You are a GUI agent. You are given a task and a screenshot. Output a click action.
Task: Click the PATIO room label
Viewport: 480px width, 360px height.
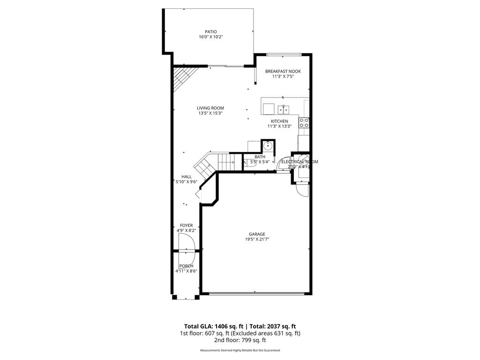210,32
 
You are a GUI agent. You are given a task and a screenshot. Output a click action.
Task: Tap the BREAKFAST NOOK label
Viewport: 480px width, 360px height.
283,71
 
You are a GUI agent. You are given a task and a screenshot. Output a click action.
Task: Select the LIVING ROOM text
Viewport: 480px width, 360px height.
210,108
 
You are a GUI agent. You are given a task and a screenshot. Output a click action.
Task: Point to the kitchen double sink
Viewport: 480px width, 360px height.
283,110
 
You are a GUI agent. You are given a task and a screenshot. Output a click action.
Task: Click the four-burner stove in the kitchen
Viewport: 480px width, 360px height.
304,123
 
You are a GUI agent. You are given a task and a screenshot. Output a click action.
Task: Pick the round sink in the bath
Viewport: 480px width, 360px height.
268,146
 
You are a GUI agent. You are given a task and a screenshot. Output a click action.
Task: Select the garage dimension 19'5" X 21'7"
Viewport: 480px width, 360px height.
257,239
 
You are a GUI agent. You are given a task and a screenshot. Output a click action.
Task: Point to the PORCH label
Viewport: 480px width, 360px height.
186,266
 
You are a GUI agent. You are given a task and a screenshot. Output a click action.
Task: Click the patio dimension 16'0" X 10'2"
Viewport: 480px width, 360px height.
210,37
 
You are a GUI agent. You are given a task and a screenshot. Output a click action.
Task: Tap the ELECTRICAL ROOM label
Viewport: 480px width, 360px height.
300,162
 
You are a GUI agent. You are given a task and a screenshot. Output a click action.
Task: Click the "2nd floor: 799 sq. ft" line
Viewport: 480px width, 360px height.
240,340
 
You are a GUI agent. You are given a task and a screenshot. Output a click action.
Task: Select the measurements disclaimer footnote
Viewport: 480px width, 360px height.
240,351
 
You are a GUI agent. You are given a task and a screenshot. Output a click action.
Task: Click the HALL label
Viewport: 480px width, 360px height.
187,177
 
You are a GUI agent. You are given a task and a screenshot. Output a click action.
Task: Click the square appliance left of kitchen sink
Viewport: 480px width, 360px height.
269,109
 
